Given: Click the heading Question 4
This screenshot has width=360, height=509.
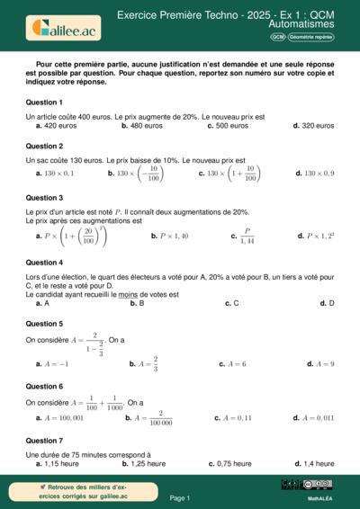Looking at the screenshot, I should [x=44, y=262].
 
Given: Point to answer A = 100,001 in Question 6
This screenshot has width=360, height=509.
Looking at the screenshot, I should [x=63, y=417].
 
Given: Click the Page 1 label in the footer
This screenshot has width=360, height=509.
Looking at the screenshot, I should [x=179, y=497].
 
